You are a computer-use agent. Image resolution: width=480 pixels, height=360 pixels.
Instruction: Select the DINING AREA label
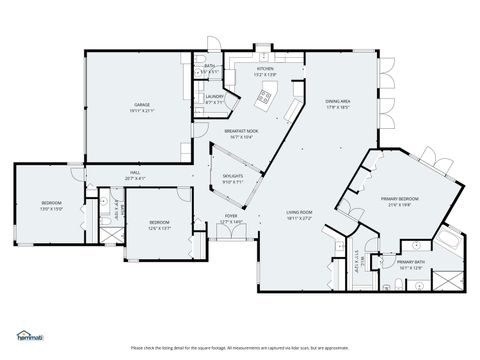coord(337,100)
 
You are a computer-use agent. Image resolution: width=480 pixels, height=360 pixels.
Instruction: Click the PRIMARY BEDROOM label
coord(400,199)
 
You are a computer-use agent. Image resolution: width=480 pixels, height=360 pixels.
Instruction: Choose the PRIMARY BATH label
coord(411,262)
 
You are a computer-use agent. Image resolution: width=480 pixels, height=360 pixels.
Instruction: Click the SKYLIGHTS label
coord(233,177)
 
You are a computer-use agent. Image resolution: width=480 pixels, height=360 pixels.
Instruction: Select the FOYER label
coord(231,215)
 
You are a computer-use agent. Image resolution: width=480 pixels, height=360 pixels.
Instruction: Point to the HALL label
coord(134,173)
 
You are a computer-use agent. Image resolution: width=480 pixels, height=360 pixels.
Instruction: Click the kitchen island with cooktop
coord(265,97)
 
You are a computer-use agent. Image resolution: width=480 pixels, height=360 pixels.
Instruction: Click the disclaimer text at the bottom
coord(240,347)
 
